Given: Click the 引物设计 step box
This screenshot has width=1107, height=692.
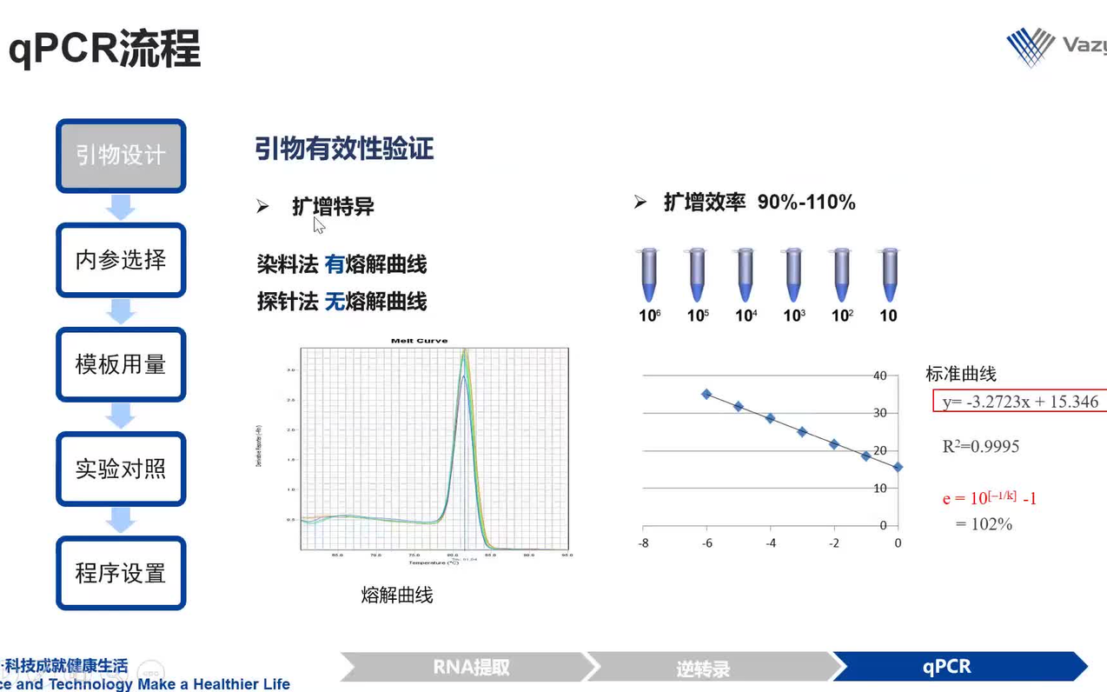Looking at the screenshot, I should tap(121, 156).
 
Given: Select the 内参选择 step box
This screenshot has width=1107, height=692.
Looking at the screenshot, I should tap(121, 260).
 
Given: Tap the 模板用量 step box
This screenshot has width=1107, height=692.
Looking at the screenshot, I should tap(121, 364).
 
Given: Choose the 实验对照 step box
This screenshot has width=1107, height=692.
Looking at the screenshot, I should tap(121, 469).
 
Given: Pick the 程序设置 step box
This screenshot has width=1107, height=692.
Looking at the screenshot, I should tap(121, 574).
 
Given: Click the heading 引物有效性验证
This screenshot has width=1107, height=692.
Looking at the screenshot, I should tap(344, 149).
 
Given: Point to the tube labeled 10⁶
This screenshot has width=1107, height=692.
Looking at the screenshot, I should tap(649, 275).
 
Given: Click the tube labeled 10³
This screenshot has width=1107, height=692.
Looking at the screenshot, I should tap(793, 275).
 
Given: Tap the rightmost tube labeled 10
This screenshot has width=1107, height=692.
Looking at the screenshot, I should tap(888, 275).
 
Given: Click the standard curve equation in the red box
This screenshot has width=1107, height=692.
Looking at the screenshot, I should tap(1020, 402).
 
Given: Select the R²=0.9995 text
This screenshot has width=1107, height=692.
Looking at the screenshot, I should tap(981, 447).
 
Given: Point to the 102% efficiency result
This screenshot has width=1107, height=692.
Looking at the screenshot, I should tap(984, 524).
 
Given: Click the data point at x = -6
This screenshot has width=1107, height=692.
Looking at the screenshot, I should tap(706, 394).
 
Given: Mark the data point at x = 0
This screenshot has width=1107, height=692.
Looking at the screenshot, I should tap(898, 467).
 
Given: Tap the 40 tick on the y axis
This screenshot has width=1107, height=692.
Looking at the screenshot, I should tap(879, 376).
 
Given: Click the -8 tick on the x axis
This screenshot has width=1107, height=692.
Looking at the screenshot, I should tap(643, 543).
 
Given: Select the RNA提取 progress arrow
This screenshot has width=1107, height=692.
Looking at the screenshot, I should tap(470, 667).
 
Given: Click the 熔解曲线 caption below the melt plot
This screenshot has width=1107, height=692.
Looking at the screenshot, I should tap(396, 596).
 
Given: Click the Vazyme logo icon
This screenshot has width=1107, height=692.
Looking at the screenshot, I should tap(1031, 46).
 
